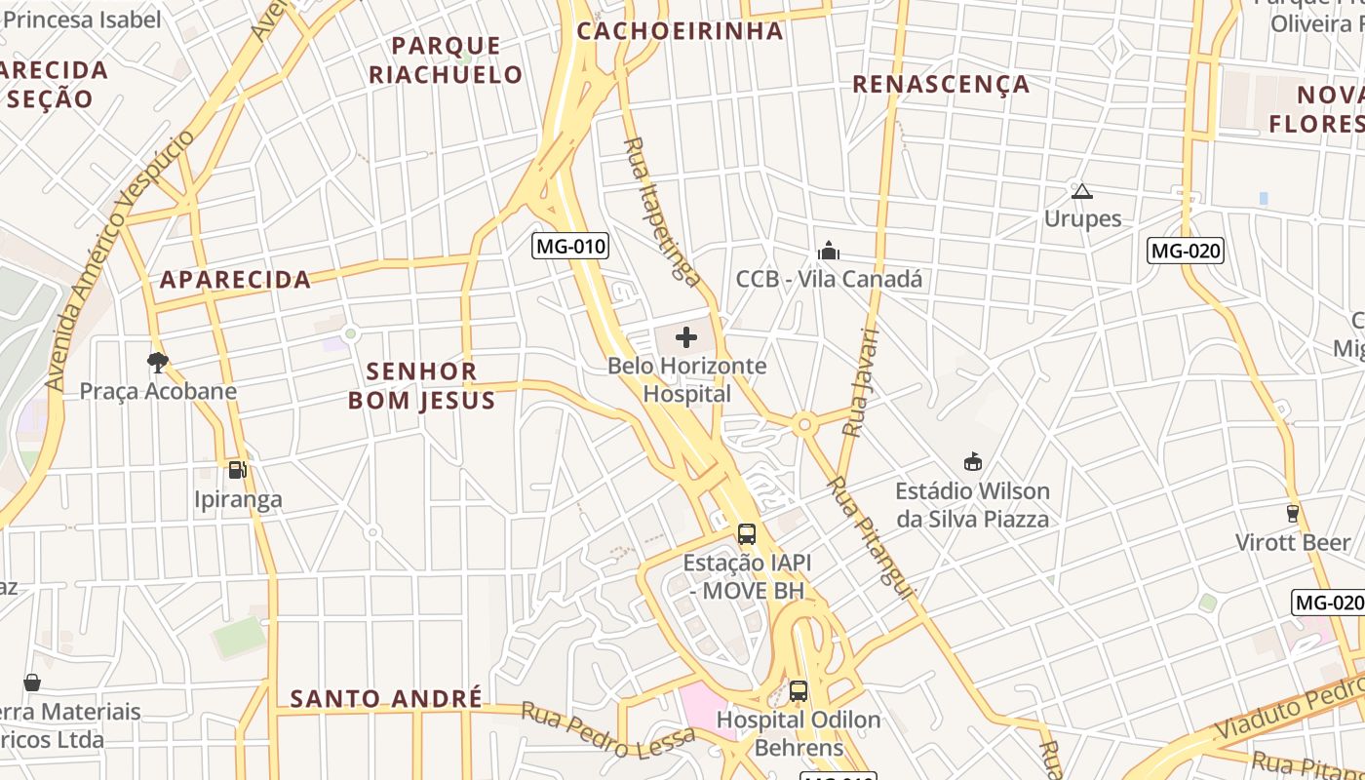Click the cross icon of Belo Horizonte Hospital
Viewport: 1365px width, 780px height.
click(686, 338)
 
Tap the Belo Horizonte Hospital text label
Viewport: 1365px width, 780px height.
click(686, 380)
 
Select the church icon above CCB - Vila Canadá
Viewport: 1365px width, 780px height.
click(829, 252)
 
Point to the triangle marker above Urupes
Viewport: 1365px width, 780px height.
click(1081, 191)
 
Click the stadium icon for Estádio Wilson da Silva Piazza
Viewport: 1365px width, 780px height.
click(972, 461)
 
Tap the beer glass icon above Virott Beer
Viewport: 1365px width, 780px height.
click(1293, 513)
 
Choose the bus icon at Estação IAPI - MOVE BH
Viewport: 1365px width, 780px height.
click(746, 534)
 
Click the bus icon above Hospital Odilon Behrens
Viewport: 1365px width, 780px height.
click(799, 691)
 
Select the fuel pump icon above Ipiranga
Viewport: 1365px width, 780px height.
click(237, 470)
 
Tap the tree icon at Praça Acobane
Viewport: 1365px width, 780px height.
click(157, 363)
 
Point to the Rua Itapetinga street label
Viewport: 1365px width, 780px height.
click(662, 212)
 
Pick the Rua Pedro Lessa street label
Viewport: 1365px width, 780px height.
click(608, 730)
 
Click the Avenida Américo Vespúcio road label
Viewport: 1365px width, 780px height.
click(120, 260)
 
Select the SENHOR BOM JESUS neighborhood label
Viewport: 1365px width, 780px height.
click(422, 385)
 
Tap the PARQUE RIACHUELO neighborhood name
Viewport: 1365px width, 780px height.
click(446, 60)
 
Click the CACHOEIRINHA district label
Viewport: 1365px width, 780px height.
click(680, 30)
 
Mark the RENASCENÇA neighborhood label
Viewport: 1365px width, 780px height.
click(941, 84)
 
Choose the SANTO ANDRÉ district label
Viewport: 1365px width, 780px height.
click(386, 698)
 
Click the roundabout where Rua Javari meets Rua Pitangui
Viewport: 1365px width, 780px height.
click(804, 424)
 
